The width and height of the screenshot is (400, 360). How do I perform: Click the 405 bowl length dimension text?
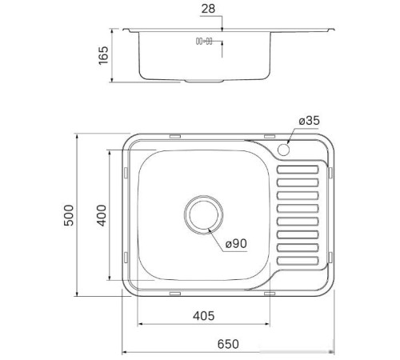click(205, 316)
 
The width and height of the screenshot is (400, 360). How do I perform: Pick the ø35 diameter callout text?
click(308, 120)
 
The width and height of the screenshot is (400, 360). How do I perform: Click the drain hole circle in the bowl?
click(205, 214)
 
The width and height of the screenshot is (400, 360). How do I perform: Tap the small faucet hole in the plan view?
click(284, 150)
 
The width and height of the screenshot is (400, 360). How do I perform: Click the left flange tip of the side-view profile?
click(127, 32)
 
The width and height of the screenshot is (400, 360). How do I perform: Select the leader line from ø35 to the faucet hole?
click(293, 137)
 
